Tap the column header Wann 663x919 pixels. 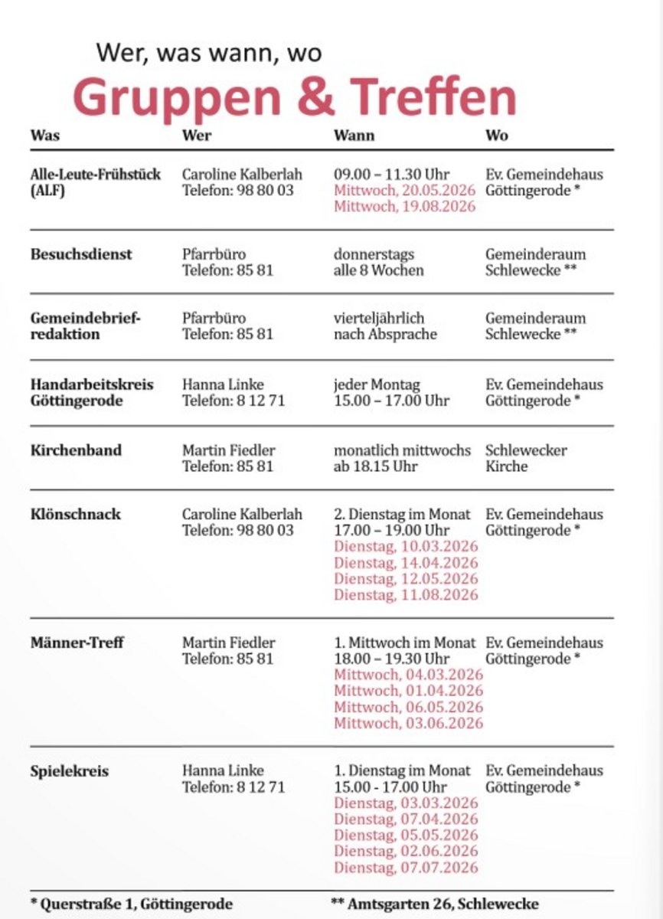pos(354,136)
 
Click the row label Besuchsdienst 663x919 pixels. pos(81,254)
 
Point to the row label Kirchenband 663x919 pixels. pos(76,450)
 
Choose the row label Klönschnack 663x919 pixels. pos(76,514)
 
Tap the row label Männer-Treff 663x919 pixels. pos(77,643)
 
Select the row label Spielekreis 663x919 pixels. pos(70,770)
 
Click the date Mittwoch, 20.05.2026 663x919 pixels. pos(404,190)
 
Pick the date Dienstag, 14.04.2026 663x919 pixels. pos(405,563)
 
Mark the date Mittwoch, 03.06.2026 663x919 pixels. pos(408,723)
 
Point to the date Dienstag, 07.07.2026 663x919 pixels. pos(405,868)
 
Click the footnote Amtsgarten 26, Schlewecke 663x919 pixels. pos(434,904)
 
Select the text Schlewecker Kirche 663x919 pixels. pos(526,458)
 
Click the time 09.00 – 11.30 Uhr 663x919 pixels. pos(391,174)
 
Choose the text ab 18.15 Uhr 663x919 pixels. pos(375,466)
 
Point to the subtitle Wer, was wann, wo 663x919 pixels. pos(208,54)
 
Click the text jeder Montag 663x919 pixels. pos(377,384)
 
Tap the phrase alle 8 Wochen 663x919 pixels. pos(378,270)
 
